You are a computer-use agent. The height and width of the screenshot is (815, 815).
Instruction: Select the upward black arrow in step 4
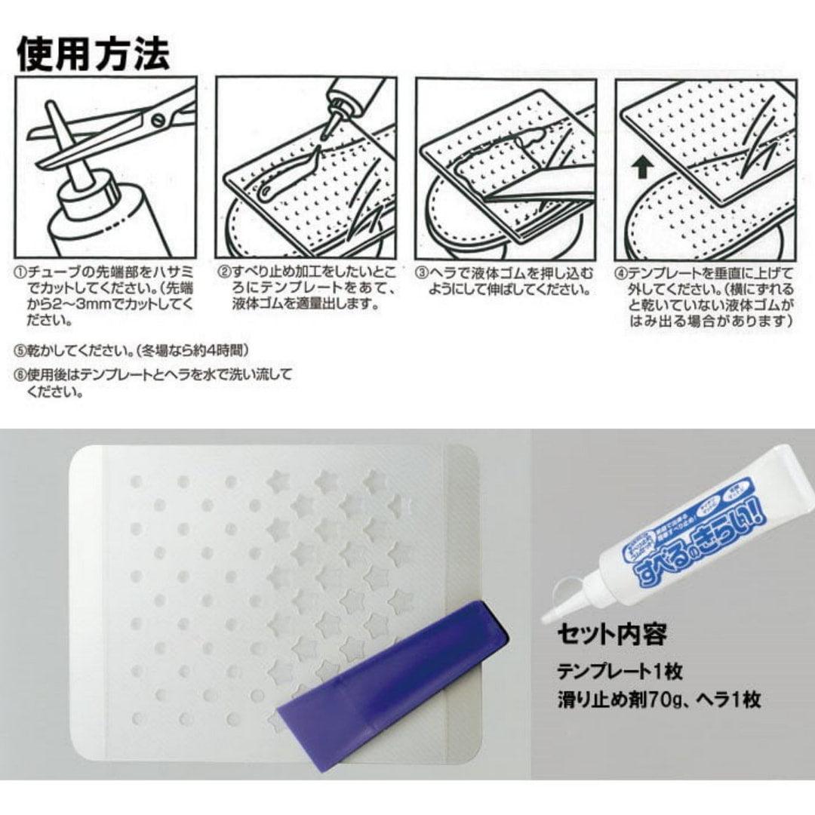click(x=641, y=168)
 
